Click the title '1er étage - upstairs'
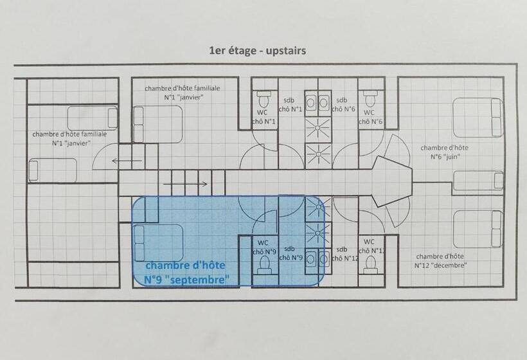pyautogui.click(x=257, y=51)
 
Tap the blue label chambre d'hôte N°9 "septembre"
pyautogui.click(x=187, y=273)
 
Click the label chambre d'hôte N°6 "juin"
pyautogui.click(x=445, y=152)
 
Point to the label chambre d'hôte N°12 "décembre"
pyautogui.click(x=440, y=260)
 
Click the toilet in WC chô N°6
pyautogui.click(x=370, y=100)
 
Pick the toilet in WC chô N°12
pyautogui.click(x=370, y=265)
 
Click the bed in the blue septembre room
pyautogui.click(x=158, y=242)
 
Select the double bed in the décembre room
pyautogui.click(x=478, y=229)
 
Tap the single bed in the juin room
pyautogui.click(x=478, y=181)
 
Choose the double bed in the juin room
pyautogui.click(x=478, y=117)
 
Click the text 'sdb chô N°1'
pyautogui.click(x=289, y=104)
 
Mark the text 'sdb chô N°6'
pyautogui.click(x=342, y=104)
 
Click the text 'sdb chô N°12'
pyautogui.click(x=342, y=253)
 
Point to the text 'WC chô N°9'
pyautogui.click(x=263, y=246)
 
